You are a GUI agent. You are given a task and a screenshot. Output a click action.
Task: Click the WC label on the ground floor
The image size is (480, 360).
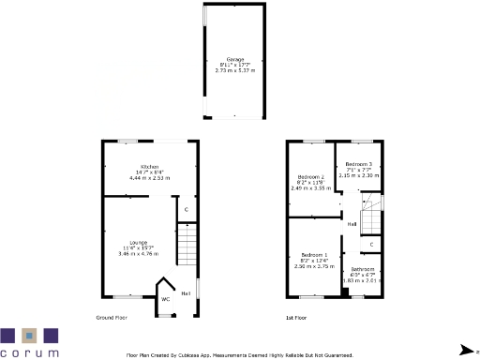click(x=165, y=299)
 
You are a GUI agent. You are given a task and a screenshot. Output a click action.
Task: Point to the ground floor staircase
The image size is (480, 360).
click(x=187, y=248)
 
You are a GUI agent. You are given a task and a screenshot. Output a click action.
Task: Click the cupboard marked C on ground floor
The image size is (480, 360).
click(x=187, y=209)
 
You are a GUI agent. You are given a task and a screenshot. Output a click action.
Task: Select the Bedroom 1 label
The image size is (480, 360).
click(x=314, y=254)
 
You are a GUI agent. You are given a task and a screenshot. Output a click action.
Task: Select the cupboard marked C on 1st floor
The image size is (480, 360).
click(x=371, y=245)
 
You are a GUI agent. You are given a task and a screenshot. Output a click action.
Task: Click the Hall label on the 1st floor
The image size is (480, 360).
click(x=352, y=224)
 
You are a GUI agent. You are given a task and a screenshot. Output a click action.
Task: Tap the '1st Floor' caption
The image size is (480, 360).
click(x=298, y=319)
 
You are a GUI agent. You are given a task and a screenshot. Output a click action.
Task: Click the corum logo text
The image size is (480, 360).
click(x=30, y=353)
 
